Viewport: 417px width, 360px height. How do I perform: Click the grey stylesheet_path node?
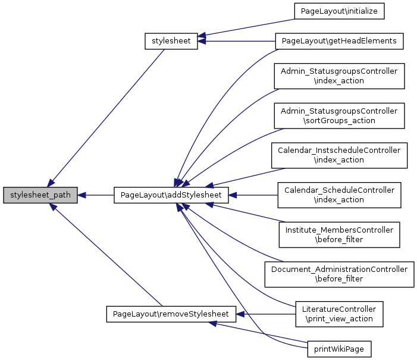point(40,195)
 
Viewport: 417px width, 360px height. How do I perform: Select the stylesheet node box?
point(171,41)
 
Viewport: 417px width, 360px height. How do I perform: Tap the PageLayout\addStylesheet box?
point(171,195)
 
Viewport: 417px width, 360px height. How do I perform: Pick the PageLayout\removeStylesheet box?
point(171,314)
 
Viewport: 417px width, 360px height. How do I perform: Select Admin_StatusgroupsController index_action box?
point(339,76)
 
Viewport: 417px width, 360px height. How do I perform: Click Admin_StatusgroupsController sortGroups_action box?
point(339,115)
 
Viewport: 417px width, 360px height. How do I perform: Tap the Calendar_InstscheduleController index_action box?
point(339,155)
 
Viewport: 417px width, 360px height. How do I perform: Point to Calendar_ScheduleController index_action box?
point(339,195)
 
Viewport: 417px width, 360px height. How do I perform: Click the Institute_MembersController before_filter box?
point(339,234)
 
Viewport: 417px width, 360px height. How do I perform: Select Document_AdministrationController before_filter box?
point(339,274)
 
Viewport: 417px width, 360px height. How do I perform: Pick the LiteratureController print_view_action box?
point(339,314)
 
